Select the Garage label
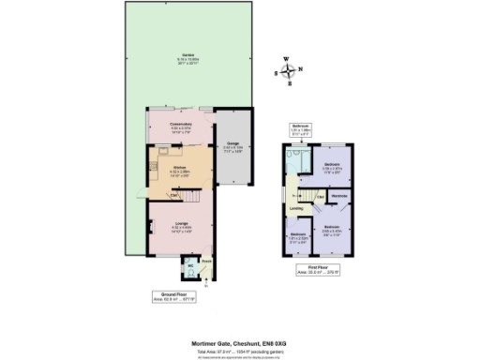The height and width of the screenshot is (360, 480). coord(232,144)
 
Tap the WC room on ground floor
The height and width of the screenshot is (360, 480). coord(190,269)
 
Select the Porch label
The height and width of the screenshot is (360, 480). coord(207,262)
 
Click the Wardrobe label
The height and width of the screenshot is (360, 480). coord(338,195)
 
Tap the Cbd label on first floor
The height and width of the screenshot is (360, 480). coord(319,197)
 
